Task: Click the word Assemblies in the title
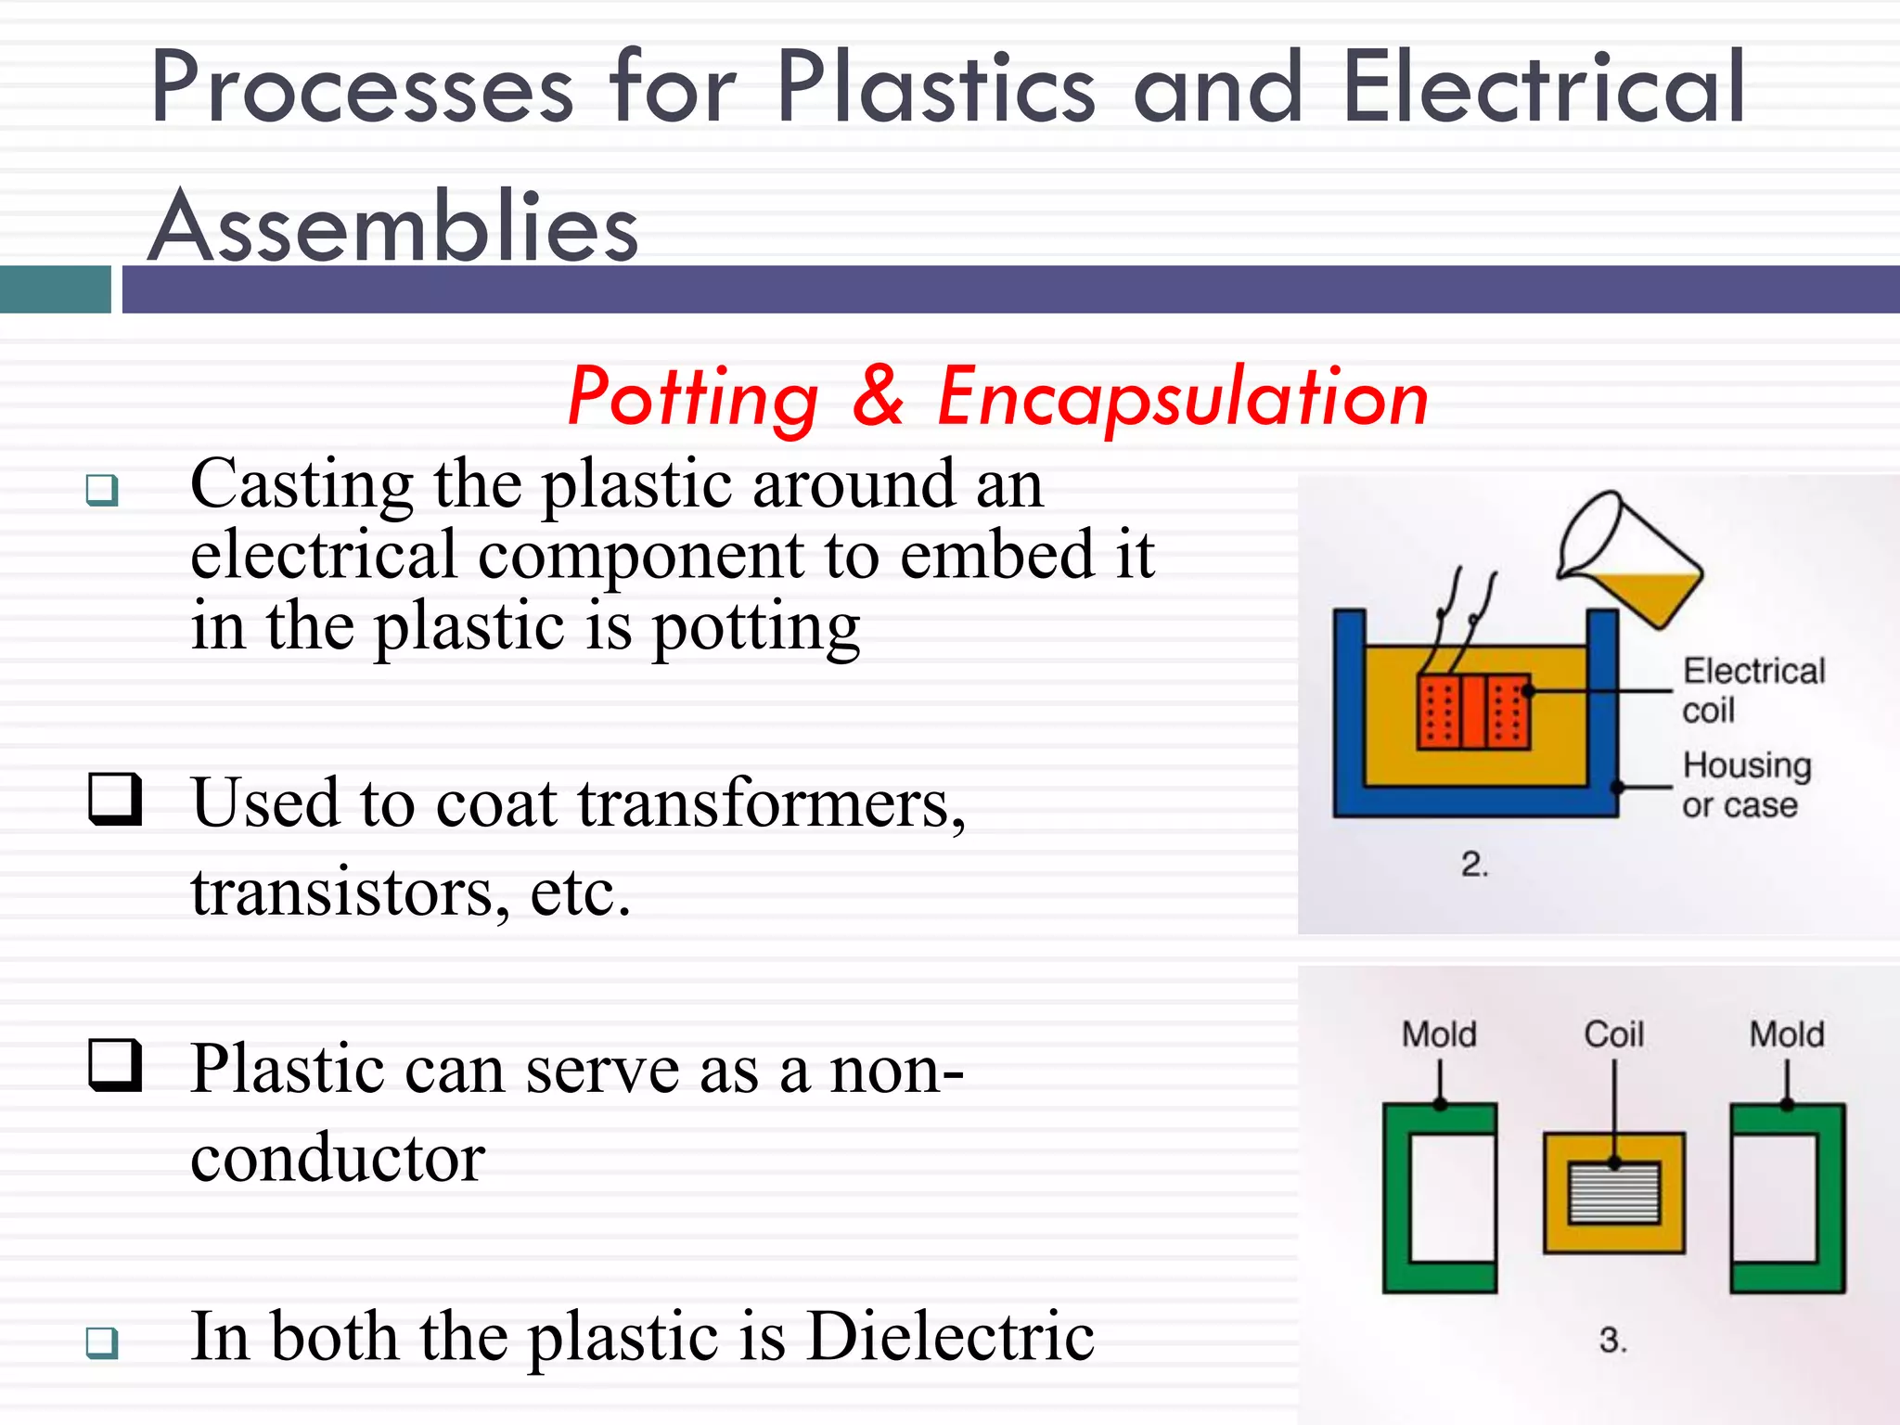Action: tap(394, 227)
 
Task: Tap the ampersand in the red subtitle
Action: tap(878, 397)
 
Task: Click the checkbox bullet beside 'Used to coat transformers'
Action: tap(115, 799)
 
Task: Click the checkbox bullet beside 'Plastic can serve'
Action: tap(115, 1065)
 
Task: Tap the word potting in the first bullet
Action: tap(756, 629)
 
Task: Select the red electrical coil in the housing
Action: tap(1474, 712)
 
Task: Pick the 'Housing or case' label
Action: tap(1745, 785)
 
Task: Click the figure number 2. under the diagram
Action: tap(1474, 865)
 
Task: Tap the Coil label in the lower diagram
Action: tap(1613, 1033)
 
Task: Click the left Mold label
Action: tap(1439, 1033)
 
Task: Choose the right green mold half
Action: tap(1788, 1197)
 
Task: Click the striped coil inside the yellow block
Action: tap(1613, 1193)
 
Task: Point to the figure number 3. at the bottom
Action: tap(1613, 1340)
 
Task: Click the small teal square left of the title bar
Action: tap(56, 289)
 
